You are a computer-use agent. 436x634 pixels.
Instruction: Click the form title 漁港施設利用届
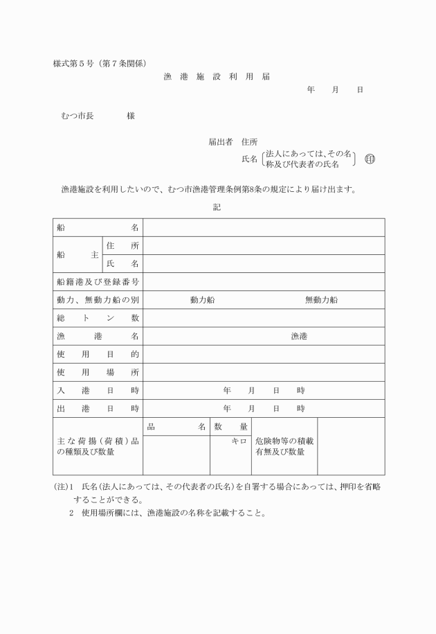[217, 77]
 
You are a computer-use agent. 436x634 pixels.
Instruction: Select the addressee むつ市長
[78, 116]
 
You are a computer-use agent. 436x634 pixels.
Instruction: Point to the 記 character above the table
[217, 207]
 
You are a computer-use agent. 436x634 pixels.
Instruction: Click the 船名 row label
[98, 227]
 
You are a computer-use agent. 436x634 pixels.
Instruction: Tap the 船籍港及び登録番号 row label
[98, 281]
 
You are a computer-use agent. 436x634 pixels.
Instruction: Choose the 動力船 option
[202, 299]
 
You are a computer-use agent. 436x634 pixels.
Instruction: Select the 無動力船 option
[321, 299]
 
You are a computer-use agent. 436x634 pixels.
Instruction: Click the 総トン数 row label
[98, 317]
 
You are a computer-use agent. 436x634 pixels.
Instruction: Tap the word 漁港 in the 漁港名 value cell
[299, 336]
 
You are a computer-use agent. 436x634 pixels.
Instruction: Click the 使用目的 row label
[98, 354]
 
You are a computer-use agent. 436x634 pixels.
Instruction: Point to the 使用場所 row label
[98, 372]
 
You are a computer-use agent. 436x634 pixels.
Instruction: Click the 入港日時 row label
[98, 390]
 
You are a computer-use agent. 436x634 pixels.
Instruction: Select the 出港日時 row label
[98, 408]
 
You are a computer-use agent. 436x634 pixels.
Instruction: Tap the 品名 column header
[176, 427]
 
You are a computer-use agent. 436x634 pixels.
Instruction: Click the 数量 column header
[230, 427]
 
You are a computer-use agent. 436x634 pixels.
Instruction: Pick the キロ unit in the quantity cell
[239, 441]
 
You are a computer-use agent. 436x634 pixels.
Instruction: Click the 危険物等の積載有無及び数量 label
[283, 446]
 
